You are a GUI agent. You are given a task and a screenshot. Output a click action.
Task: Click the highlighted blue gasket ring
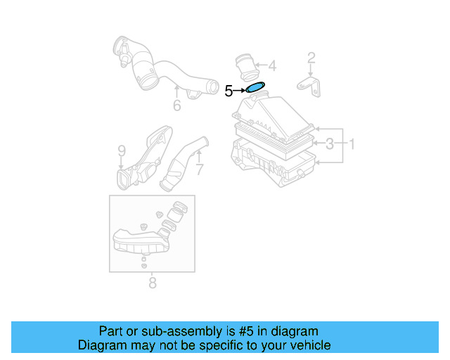coord(255,89)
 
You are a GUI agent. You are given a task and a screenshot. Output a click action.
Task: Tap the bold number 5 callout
coord(229,91)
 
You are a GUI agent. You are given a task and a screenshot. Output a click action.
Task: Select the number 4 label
coord(272,67)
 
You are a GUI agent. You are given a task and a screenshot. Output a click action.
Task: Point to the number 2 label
coord(311,58)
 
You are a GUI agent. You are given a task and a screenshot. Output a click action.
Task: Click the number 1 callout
coord(352,145)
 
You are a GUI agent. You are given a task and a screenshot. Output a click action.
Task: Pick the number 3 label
coord(329,145)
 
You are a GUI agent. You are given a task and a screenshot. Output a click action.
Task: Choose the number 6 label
coord(177,105)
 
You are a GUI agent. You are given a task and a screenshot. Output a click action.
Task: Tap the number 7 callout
coord(199,169)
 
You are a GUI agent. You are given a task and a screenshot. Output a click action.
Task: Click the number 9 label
coord(121,150)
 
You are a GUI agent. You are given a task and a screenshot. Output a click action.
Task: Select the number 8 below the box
coord(153,283)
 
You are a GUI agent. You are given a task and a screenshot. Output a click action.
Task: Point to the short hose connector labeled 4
coord(245,66)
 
